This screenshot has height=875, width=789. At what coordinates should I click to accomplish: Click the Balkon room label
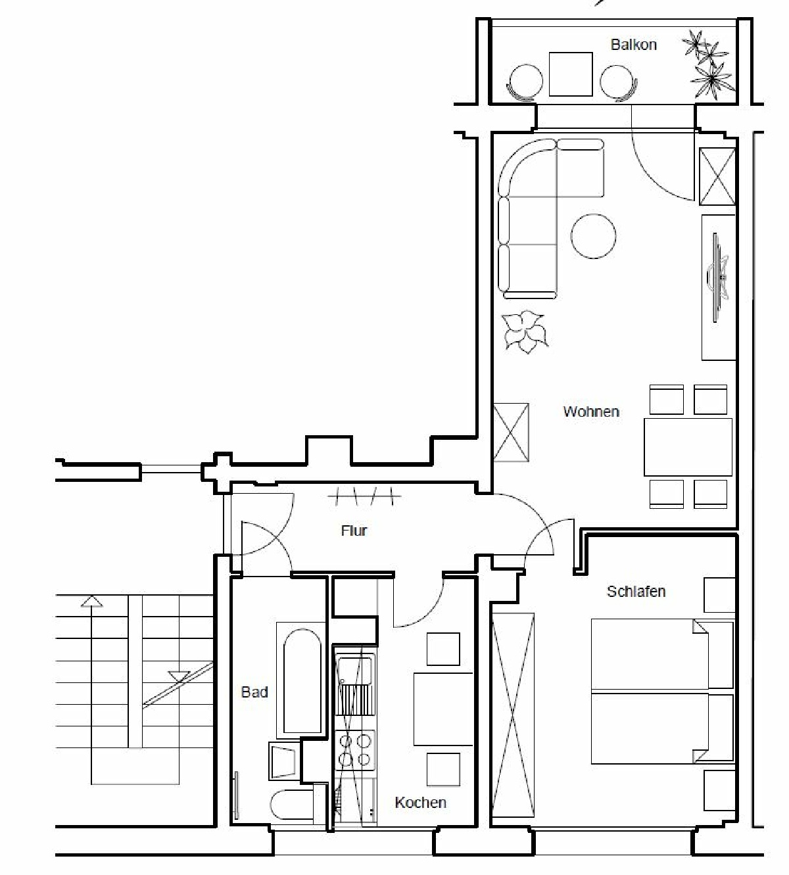click(x=633, y=45)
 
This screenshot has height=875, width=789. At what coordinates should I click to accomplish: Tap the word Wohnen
click(x=591, y=412)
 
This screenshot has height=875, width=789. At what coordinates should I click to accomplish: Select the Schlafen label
click(x=636, y=592)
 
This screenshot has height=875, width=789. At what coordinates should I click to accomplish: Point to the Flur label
click(x=354, y=531)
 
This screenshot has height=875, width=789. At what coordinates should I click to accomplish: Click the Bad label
click(x=254, y=692)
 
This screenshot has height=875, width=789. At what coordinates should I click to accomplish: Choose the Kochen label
click(x=420, y=803)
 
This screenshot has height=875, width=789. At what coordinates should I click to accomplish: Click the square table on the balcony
click(x=570, y=74)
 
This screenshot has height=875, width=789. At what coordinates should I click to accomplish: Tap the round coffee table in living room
click(x=593, y=236)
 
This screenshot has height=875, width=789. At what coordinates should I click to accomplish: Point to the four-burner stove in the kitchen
click(x=355, y=750)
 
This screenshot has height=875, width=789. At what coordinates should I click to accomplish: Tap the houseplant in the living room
click(x=525, y=332)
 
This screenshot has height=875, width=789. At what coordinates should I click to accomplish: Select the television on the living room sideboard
click(x=718, y=278)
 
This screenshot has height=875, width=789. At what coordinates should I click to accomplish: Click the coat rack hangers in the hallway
click(x=364, y=496)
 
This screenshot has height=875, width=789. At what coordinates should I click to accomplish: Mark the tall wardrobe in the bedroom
click(x=514, y=715)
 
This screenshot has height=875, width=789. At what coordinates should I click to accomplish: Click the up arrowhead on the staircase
click(x=91, y=601)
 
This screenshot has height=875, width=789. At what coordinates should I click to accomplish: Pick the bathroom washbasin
click(x=284, y=761)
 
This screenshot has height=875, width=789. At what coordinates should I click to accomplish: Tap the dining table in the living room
click(x=688, y=446)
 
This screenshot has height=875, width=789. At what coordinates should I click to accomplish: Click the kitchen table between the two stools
click(x=443, y=709)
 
